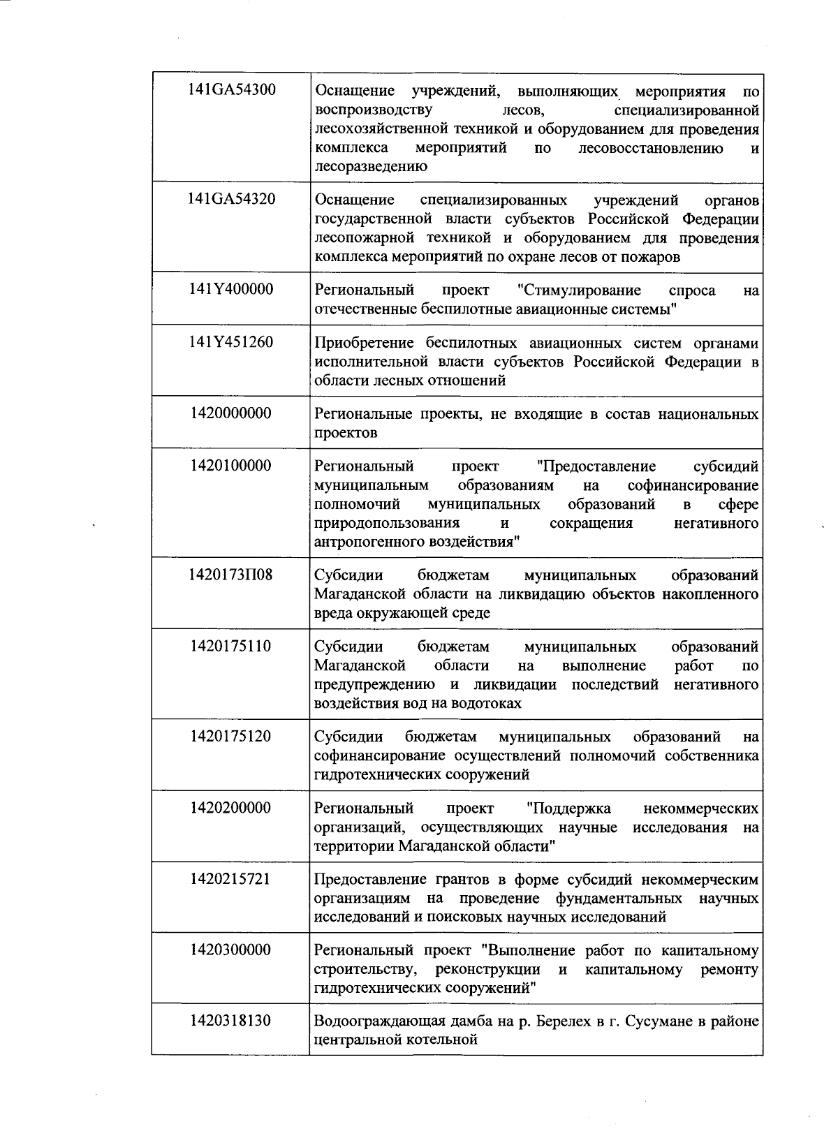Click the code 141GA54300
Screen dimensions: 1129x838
point(231,91)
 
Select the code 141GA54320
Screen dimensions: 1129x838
point(231,199)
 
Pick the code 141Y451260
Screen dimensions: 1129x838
point(231,342)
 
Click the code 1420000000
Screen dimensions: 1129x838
point(231,413)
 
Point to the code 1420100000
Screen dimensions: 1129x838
point(231,466)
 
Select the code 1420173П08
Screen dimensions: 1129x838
point(231,575)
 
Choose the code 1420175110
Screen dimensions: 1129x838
point(231,646)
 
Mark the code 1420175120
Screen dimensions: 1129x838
point(231,737)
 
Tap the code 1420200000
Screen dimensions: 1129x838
point(231,808)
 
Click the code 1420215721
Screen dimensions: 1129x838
point(231,879)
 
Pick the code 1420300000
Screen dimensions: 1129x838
point(231,950)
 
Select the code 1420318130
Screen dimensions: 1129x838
point(231,1021)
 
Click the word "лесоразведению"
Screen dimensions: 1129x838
point(371,167)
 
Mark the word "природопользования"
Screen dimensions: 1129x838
point(387,524)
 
